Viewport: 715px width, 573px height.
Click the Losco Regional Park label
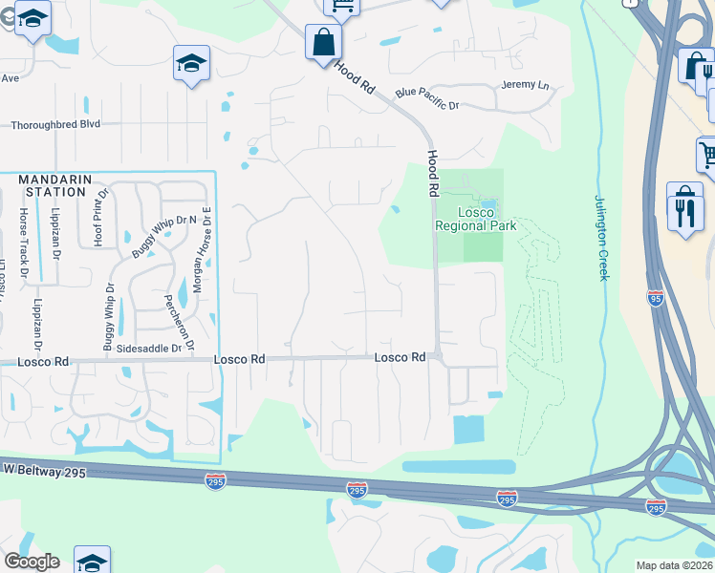(475, 219)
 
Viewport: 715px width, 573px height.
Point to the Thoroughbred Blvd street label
(55, 124)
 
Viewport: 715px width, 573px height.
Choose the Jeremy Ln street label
(526, 85)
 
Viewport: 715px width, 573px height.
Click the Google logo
(32, 562)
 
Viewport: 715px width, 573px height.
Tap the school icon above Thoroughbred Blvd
(191, 64)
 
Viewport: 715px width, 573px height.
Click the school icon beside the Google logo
(93, 562)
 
